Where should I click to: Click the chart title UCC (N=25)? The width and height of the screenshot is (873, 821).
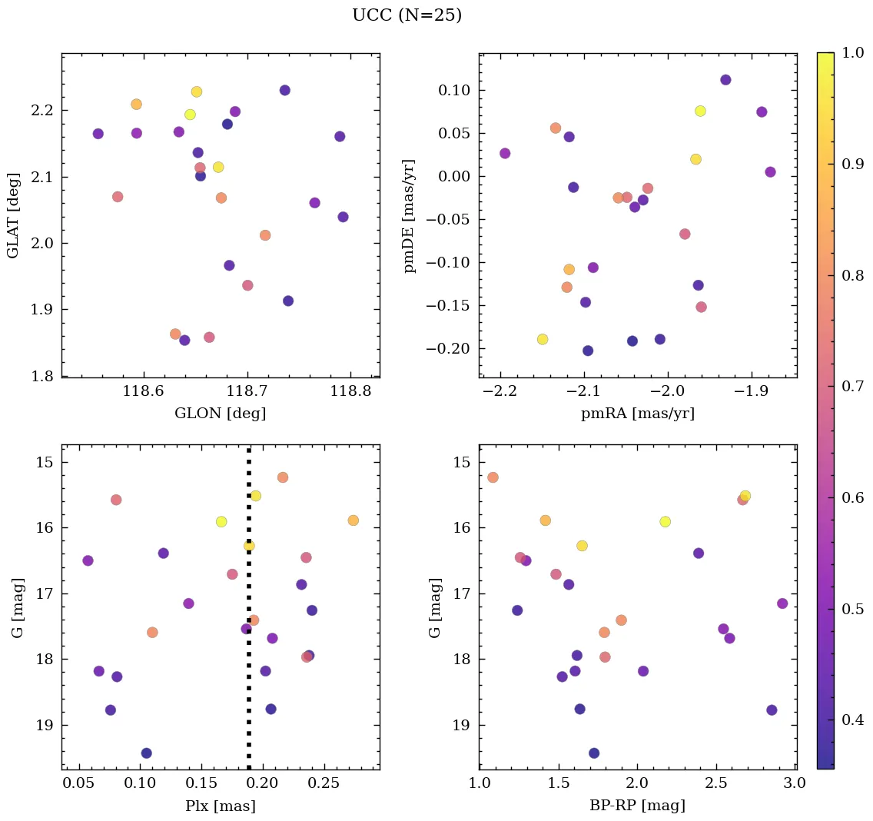[x=407, y=15]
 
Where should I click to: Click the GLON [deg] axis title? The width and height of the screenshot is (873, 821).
[x=221, y=414]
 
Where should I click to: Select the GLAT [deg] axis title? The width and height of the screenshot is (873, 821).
[x=13, y=214]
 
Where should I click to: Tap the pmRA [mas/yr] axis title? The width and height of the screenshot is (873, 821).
[x=638, y=414]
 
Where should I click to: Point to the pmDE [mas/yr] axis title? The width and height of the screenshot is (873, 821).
[x=410, y=215]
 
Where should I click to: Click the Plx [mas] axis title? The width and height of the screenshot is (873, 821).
[x=221, y=806]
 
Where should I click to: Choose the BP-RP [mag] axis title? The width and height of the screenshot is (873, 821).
[x=638, y=806]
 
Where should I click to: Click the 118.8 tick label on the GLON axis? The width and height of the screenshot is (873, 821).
[x=350, y=392]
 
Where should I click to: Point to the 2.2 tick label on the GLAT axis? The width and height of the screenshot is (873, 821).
[x=43, y=111]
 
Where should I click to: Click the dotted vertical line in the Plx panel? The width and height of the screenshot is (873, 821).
[x=248, y=607]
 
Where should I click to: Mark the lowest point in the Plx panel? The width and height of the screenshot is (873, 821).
[x=146, y=753]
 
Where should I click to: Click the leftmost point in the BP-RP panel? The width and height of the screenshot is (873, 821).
[x=493, y=477]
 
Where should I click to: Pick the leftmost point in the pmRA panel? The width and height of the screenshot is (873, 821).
[x=505, y=154]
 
